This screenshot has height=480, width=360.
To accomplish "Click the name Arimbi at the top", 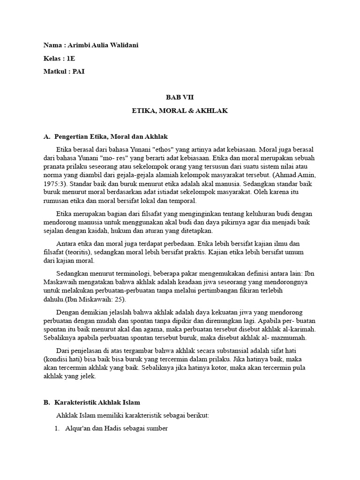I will coord(77,45).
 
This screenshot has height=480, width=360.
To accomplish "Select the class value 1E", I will coord(70,58).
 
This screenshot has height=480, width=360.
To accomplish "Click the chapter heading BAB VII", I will coord(180,97).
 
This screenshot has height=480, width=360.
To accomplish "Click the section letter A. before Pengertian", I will coord(46,137).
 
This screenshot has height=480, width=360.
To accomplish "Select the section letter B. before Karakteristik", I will coord(46,402).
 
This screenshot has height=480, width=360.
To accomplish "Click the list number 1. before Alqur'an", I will coord(58,428).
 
